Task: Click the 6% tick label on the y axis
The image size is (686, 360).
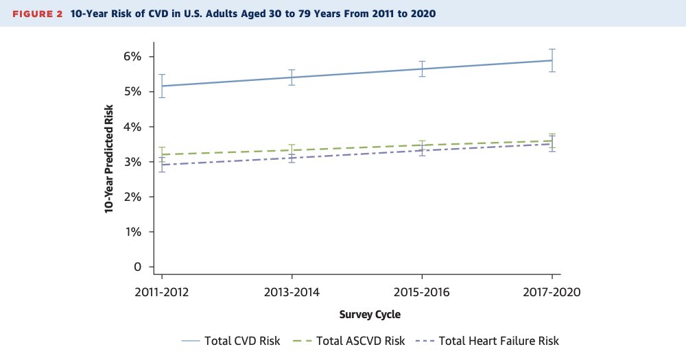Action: click(132, 57)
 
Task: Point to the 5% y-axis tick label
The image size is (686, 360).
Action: click(132, 92)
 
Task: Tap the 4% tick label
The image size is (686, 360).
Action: click(132, 127)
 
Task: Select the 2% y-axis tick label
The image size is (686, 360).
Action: click(132, 197)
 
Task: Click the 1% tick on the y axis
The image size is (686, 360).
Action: click(132, 232)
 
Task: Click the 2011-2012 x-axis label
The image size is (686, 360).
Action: click(162, 291)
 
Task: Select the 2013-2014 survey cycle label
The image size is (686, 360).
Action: click(292, 291)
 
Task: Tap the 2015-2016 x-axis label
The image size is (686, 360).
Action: click(422, 291)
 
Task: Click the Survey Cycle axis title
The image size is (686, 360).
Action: click(370, 315)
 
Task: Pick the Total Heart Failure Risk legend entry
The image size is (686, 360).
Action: click(488, 341)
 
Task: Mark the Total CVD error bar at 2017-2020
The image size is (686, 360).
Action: click(552, 60)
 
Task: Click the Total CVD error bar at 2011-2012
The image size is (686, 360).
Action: click(162, 86)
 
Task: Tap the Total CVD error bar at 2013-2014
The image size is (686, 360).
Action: click(292, 77)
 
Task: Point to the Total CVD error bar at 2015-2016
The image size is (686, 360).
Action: click(422, 69)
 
